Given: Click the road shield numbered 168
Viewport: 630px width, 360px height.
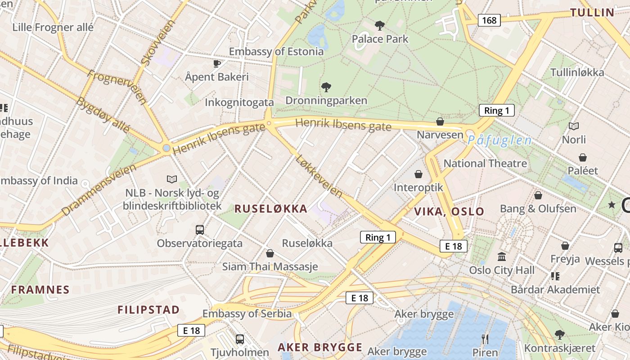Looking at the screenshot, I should click(x=489, y=20).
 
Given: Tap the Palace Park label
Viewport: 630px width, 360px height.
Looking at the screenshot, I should click(x=380, y=39).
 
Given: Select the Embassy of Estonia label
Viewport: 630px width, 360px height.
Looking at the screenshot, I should click(x=276, y=51).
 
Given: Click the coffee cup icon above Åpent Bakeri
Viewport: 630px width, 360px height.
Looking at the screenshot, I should click(x=217, y=63).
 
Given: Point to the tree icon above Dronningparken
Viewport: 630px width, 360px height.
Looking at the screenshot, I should click(x=326, y=87).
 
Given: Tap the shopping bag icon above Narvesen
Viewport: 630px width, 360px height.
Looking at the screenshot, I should click(x=440, y=121).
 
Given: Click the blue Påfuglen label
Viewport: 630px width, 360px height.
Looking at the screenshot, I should click(x=499, y=140).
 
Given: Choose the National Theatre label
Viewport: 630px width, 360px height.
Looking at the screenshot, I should click(x=485, y=163).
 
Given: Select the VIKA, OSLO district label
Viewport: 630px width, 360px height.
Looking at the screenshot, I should click(x=449, y=211).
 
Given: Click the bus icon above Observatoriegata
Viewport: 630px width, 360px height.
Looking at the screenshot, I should click(x=200, y=230).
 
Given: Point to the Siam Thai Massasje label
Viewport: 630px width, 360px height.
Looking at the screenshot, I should click(x=270, y=266).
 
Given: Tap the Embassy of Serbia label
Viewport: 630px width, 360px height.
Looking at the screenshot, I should click(x=247, y=314).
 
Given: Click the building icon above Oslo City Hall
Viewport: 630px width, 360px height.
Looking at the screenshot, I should click(x=502, y=256).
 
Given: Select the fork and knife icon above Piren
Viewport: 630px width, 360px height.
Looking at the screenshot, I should click(x=485, y=339).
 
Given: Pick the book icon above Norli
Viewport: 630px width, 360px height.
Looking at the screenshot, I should click(x=574, y=126).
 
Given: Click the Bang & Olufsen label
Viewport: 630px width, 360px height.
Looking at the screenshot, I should click(x=538, y=209).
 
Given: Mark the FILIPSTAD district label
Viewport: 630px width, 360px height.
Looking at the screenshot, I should click(x=148, y=310).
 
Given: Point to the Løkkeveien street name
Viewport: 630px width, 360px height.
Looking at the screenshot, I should click(x=319, y=176).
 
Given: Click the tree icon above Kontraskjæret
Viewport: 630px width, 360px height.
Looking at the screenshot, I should click(x=559, y=334).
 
